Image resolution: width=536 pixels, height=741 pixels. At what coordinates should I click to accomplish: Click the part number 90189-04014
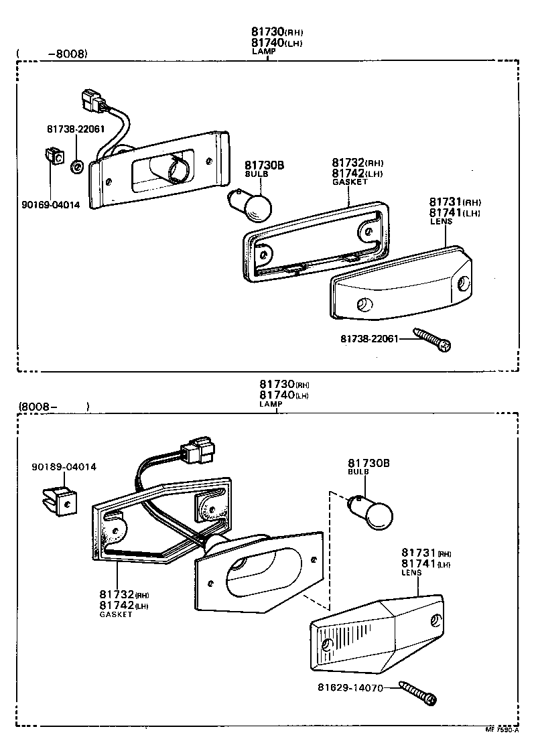click(64, 466)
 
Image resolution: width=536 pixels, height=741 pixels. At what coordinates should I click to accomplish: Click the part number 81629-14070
click(350, 688)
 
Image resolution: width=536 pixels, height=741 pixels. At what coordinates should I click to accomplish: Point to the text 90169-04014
click(50, 205)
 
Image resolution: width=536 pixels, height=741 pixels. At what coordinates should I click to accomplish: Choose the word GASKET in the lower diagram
click(116, 614)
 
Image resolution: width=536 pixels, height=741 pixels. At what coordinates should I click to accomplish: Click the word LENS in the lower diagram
click(411, 573)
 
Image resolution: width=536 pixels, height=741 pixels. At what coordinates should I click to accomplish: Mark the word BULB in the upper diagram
click(256, 174)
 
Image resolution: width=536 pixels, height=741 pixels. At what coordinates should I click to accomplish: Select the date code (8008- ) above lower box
click(54, 406)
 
